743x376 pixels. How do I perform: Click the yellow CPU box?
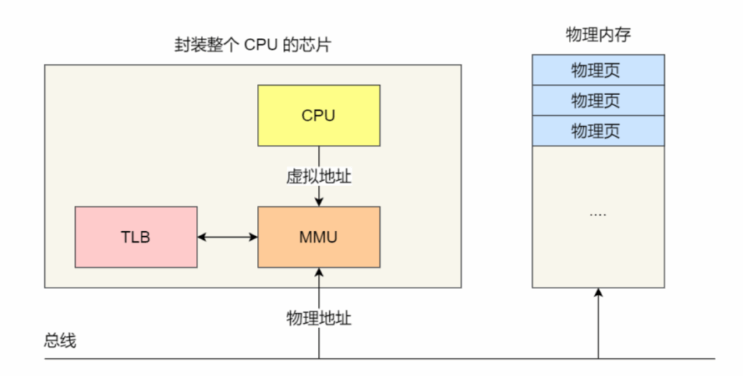319,115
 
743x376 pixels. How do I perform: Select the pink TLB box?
136,237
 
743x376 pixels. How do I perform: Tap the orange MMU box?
319,237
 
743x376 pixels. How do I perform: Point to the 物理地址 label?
319,318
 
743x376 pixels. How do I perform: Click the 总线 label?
60,341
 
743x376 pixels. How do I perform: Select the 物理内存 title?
597,35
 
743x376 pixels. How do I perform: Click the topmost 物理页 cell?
597,70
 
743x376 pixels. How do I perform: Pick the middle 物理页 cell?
597,101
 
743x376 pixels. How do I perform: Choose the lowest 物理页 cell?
597,131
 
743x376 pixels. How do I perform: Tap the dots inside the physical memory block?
597,214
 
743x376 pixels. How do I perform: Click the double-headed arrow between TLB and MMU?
227,237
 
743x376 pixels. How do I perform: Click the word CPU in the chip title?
255,46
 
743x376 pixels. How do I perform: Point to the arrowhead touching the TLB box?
201,237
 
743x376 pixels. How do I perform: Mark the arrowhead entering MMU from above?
319,202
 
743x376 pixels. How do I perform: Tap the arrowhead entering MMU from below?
319,272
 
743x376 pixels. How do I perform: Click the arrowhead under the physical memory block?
598,292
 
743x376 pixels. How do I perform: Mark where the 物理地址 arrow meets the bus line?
319,358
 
